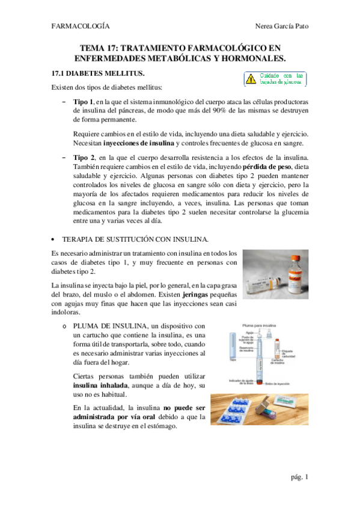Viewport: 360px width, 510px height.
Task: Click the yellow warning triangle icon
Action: [x=248, y=79]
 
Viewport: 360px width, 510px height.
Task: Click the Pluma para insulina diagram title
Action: [x=257, y=324]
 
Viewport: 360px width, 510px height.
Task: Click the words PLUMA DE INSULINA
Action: [x=105, y=326]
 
